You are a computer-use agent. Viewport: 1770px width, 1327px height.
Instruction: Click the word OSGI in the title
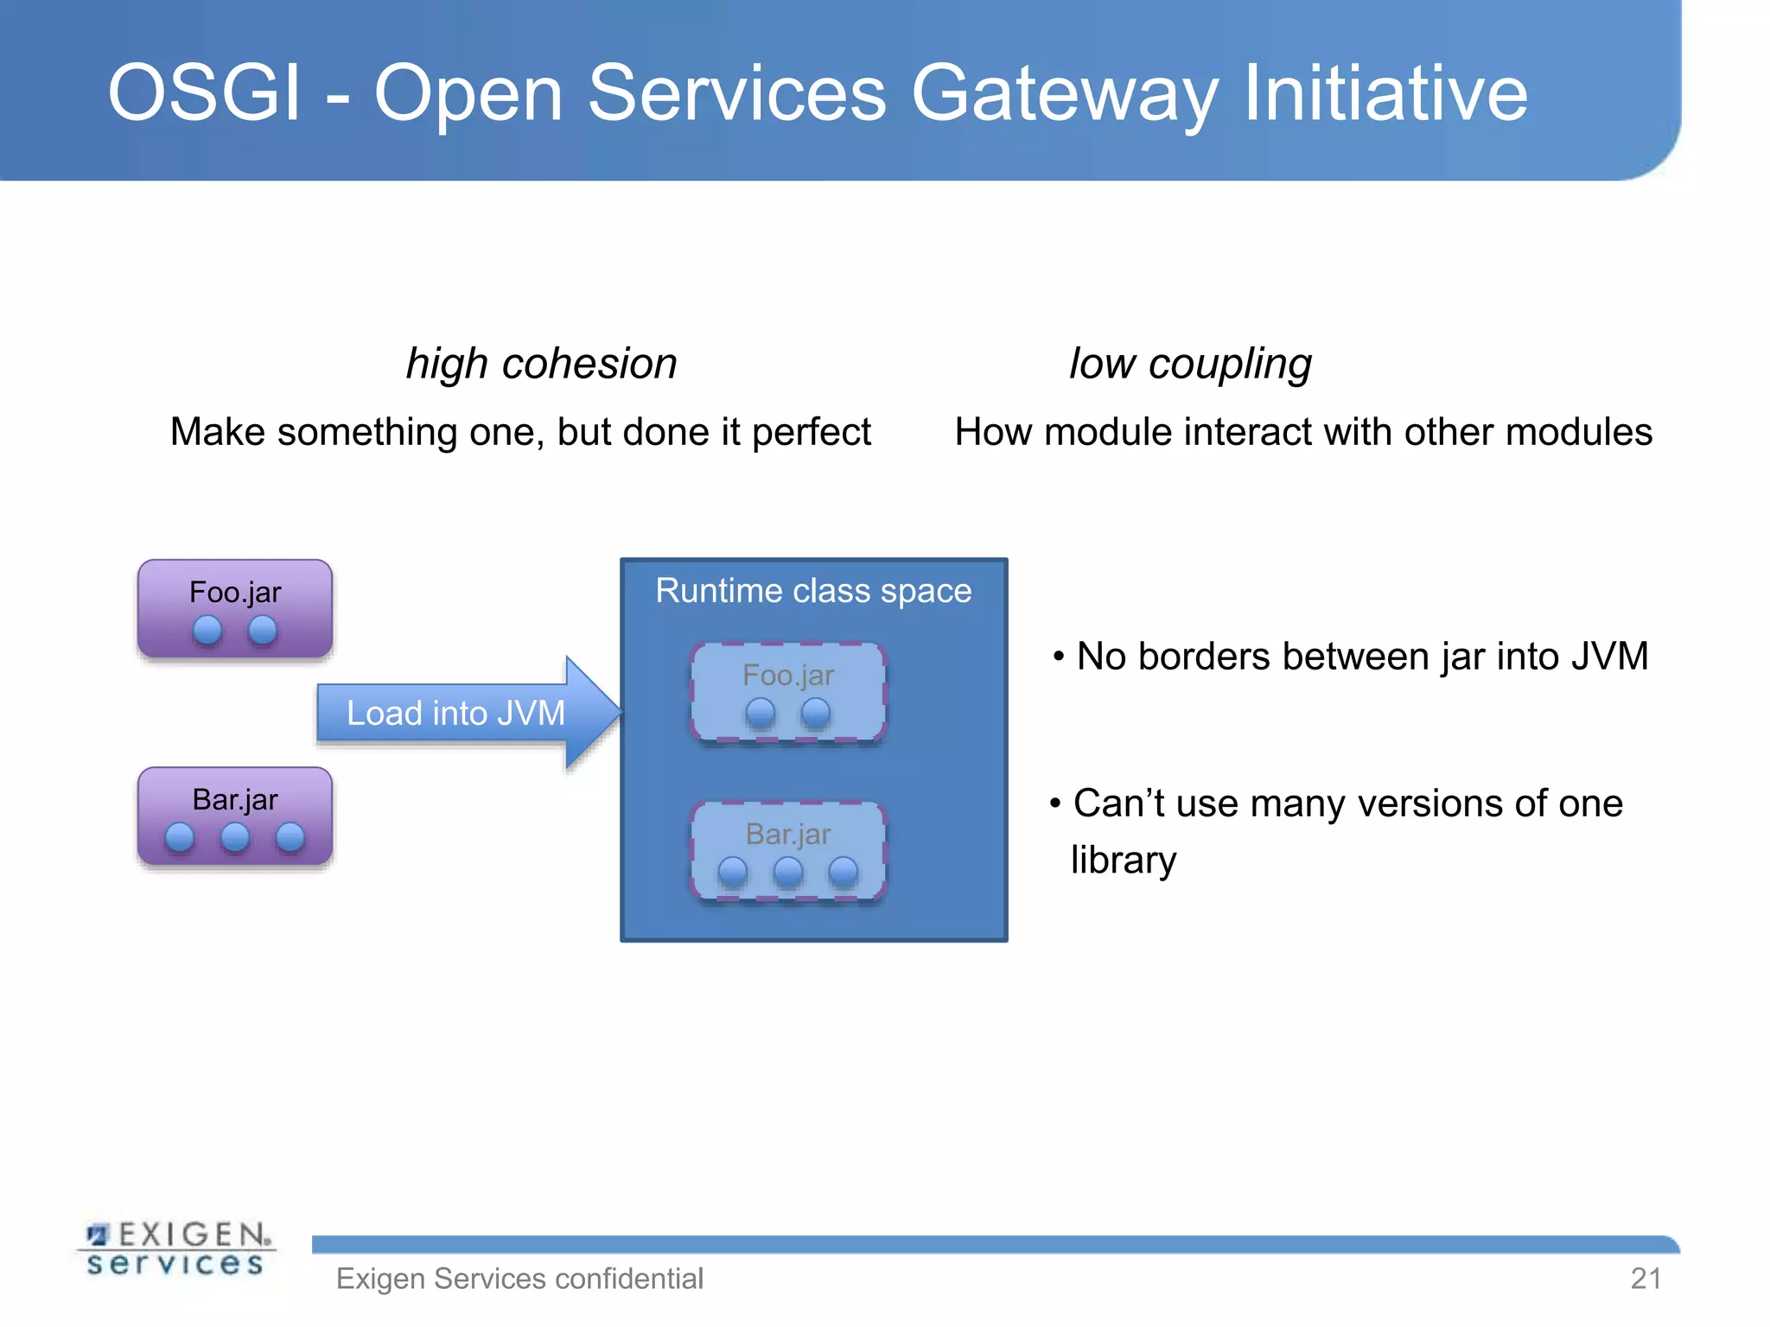(x=204, y=93)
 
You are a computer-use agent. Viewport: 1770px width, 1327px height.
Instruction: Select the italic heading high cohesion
(x=542, y=363)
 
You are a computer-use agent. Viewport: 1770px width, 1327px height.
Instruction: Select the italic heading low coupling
(x=1190, y=363)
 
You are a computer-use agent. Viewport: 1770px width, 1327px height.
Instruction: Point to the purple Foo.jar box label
(x=235, y=593)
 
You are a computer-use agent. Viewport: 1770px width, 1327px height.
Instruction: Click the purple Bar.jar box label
(x=235, y=800)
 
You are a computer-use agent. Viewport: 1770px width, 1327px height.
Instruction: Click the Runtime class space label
(x=813, y=591)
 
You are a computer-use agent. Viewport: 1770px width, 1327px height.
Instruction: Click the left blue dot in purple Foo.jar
(x=207, y=631)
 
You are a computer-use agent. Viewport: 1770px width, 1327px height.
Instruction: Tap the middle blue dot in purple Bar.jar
(x=235, y=837)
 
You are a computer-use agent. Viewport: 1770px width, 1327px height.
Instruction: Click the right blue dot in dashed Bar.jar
(x=844, y=872)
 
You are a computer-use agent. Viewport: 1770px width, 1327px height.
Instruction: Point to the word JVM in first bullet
(x=1609, y=657)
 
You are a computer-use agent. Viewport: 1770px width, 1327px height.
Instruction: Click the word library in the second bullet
(x=1124, y=860)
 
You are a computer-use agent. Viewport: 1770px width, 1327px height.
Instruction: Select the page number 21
(x=1646, y=1279)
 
